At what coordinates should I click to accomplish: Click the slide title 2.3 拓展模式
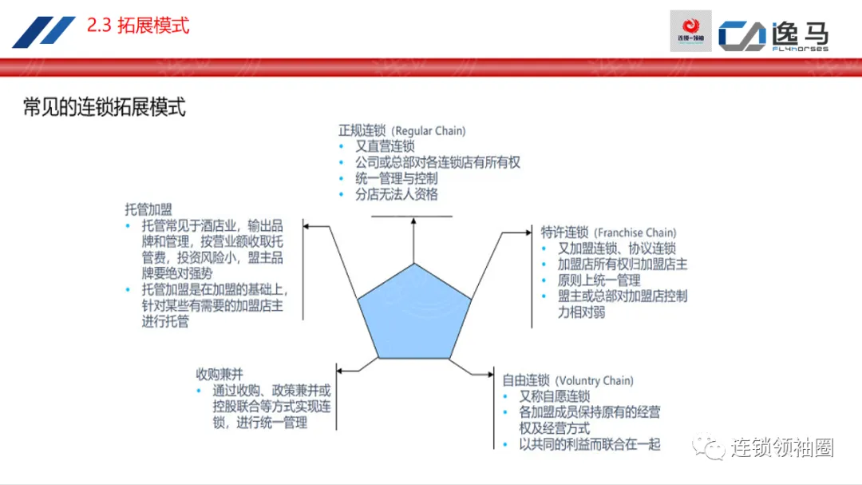coord(138,26)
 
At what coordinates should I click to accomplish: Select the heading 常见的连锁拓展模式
coord(105,106)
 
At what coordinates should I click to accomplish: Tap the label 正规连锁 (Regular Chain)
coord(401,130)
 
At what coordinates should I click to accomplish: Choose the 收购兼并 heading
coord(219,374)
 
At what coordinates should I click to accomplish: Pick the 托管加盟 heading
coord(148,209)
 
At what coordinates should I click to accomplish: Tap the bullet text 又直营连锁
coord(386,146)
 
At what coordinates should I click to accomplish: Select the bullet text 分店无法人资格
coord(397,194)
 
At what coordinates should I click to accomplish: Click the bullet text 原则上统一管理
coord(599,280)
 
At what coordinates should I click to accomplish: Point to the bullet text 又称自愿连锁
coord(555,396)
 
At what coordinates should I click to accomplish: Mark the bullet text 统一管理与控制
coord(397,178)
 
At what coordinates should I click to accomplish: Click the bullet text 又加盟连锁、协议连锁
coord(617,248)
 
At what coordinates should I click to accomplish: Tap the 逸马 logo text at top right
coord(799,34)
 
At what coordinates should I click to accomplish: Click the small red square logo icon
coord(690,31)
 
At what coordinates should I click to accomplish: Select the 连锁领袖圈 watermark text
coord(782,448)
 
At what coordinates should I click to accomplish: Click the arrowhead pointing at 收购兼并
coord(340,370)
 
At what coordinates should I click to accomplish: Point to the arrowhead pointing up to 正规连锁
coord(413,221)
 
